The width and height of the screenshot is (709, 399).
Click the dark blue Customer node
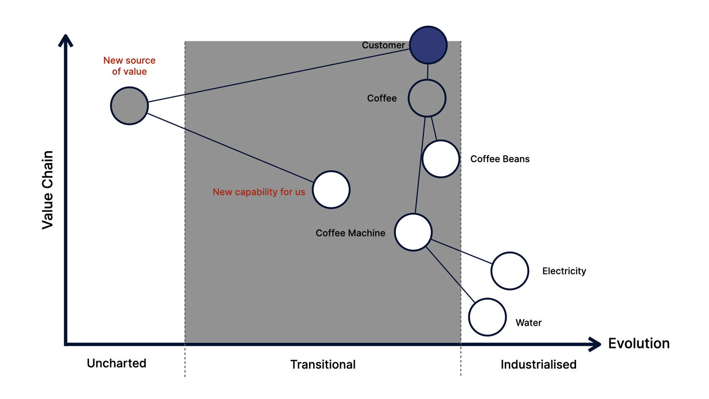[428, 45]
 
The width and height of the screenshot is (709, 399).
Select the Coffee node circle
[427, 98]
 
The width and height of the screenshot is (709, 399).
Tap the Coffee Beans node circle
[441, 159]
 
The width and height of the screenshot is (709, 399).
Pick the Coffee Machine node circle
[413, 232]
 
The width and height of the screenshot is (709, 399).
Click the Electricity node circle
[510, 271]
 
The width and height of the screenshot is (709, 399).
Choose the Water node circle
[487, 317]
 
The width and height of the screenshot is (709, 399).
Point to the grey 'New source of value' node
[129, 106]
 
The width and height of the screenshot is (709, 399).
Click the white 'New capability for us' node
[331, 190]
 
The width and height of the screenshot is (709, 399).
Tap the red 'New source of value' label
[129, 66]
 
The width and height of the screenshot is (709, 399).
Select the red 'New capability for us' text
[259, 192]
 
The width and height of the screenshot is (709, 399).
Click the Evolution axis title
[639, 343]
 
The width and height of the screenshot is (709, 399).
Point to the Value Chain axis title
[48, 190]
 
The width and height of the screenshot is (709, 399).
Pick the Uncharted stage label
[116, 363]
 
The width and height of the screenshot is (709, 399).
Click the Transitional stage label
[323, 364]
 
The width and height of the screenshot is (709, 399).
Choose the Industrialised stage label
[539, 364]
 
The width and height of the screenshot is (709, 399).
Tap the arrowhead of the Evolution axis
[596, 344]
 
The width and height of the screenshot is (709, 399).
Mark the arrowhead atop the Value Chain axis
[65, 40]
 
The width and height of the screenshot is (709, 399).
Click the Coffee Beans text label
[500, 159]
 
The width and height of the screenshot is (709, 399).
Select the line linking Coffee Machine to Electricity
[462, 252]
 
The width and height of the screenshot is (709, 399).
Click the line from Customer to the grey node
[279, 76]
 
